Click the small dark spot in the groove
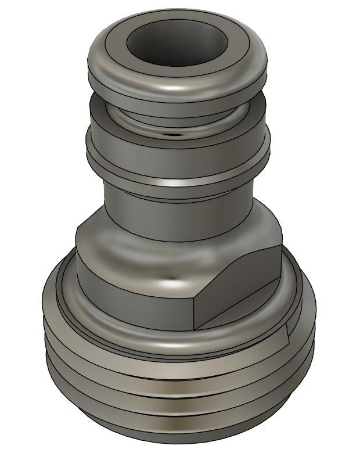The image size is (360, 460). (x=171, y=134)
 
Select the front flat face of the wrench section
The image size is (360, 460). (x=134, y=290)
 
